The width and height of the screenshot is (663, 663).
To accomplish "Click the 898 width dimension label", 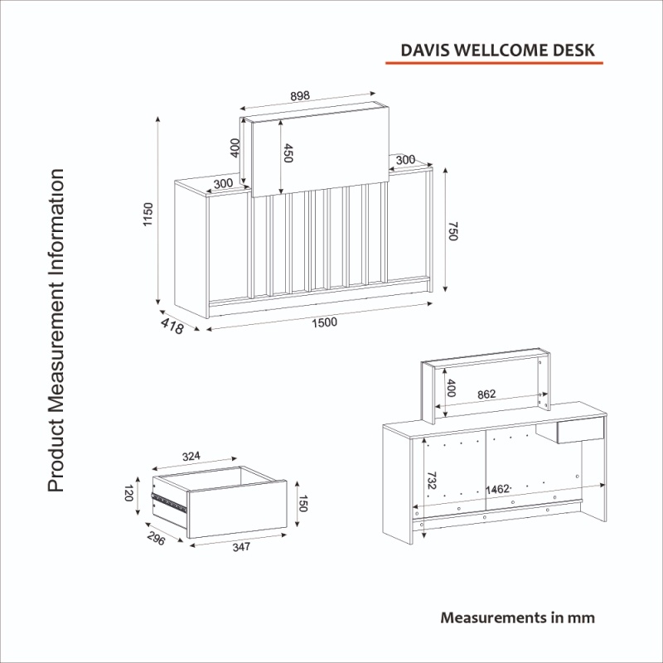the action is pos(300,96).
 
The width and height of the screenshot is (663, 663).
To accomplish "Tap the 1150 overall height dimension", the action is pos(148,215).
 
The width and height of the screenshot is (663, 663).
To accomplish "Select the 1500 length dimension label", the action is pos(324,322).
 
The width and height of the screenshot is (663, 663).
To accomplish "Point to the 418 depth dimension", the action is pos(172,326).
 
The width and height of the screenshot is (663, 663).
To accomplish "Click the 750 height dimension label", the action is pos(452,231).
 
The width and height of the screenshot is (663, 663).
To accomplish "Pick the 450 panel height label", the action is pos(288,153).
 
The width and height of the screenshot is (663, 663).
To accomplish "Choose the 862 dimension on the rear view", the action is pos(486,394).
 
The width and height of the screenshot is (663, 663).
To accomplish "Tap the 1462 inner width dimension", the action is pos(497,489).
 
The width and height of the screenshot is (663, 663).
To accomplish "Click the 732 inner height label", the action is pos(431,481).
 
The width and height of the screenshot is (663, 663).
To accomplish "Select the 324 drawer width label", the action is pos(191,457).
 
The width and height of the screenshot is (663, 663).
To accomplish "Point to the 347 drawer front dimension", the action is pos(241,547).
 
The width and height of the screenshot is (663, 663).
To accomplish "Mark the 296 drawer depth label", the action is pos(157,538).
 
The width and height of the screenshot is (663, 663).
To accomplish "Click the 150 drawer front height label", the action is pos(302,504).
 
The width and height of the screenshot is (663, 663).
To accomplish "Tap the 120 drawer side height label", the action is pos(129,493).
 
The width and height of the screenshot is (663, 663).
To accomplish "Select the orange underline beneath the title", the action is pos(494,63).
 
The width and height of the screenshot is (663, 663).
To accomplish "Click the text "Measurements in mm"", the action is pos(517,617).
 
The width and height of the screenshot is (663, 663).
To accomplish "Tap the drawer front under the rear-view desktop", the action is pos(580,430).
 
